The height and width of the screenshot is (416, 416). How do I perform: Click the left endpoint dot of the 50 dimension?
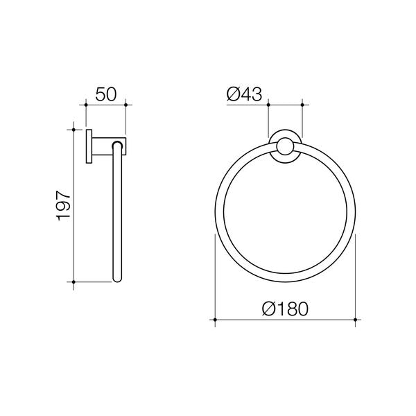click(x=85, y=105)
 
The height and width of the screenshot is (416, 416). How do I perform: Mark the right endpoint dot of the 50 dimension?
click(x=125, y=105)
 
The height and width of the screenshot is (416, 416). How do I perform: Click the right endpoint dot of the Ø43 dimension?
click(x=303, y=105)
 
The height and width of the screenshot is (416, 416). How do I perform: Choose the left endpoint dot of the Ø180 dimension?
click(x=215, y=320)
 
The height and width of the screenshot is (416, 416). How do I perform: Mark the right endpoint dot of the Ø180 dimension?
click(x=356, y=320)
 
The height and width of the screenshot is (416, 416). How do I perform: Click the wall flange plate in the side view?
click(x=89, y=146)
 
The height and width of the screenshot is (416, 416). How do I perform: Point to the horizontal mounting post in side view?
click(x=104, y=146)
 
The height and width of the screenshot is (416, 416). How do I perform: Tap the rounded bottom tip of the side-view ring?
click(x=117, y=281)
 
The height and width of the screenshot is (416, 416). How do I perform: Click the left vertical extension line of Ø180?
click(x=215, y=277)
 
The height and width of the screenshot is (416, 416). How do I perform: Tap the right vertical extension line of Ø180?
click(x=356, y=277)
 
